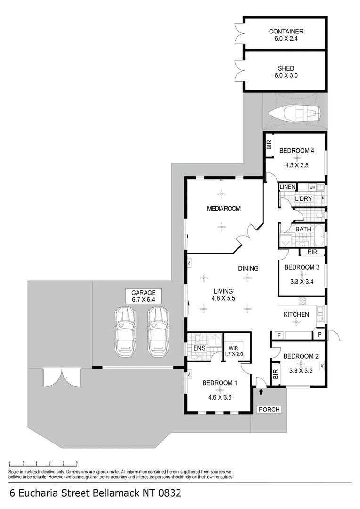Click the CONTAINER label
[286, 32]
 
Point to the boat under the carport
[294, 113]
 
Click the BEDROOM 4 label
[296, 151]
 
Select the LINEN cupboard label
[287, 187]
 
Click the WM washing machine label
[312, 188]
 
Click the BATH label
[303, 230]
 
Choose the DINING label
[248, 269]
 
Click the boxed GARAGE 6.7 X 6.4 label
[143, 296]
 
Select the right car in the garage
[158, 331]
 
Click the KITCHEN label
[296, 314]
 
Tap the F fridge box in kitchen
[279, 336]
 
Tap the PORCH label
[269, 410]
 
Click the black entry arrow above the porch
[261, 391]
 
